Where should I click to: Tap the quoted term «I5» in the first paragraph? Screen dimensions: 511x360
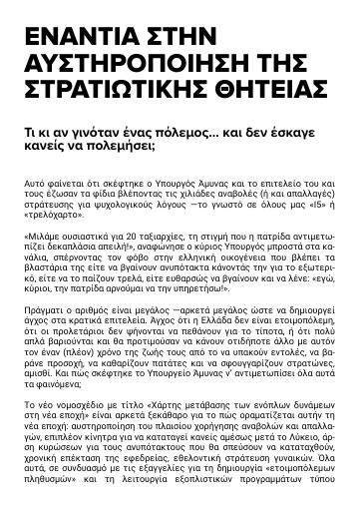click(296, 202)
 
